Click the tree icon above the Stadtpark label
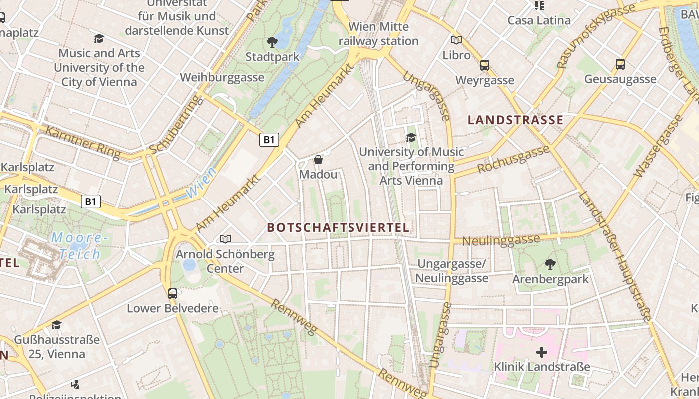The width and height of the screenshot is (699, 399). tap(272, 42)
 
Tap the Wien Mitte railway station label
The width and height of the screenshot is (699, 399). tap(378, 34)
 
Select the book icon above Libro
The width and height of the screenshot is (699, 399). tap(456, 40)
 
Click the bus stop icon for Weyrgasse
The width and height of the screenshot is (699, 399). tap(484, 65)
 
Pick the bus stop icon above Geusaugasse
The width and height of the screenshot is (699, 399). tap(620, 64)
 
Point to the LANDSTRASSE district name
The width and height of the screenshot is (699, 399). tap(515, 120)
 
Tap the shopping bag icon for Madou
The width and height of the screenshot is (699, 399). tap(318, 160)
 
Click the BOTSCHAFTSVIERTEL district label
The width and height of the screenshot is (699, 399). tap(338, 228)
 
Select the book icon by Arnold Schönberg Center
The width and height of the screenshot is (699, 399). tap(225, 239)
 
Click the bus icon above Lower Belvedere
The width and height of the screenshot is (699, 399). tap(172, 293)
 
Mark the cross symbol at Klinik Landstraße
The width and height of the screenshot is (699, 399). tap(541, 352)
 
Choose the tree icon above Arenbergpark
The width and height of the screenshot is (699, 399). tap(550, 264)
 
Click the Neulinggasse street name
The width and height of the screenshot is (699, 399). tap(500, 240)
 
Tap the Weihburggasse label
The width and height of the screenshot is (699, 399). tap(222, 77)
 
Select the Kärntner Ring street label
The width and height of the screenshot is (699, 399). tap(82, 143)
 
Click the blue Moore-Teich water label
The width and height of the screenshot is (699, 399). tap(80, 246)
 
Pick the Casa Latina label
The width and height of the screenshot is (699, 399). tap(539, 20)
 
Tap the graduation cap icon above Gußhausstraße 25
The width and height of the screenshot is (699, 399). tap(56, 325)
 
